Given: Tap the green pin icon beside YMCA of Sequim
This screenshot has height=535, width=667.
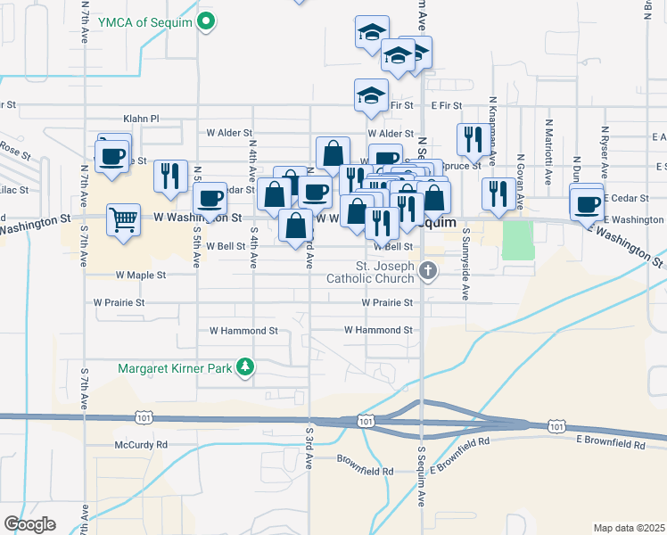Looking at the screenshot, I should coord(207,21).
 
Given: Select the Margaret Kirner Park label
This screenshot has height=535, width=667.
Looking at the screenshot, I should coord(175,366).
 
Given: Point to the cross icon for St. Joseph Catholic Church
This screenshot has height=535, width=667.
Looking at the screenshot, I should coord(428,270).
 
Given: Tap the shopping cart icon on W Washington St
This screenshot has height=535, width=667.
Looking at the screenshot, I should coord(123,218).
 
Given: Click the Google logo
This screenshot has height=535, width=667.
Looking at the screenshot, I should coord(29,524).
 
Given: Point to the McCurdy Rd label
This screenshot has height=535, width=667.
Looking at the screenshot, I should coord(141,444).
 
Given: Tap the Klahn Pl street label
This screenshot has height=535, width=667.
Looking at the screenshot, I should coord(141,118).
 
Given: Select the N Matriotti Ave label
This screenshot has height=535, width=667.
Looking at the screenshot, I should coord(548,148).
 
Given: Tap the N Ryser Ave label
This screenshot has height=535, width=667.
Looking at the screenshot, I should coord(604,147).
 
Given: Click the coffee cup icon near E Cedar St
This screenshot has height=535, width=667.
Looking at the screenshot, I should coord(588,203).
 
